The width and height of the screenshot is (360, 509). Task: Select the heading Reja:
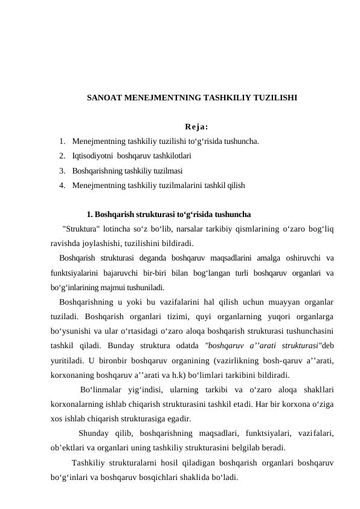click(196, 127)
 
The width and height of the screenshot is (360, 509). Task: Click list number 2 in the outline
click(63, 155)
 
